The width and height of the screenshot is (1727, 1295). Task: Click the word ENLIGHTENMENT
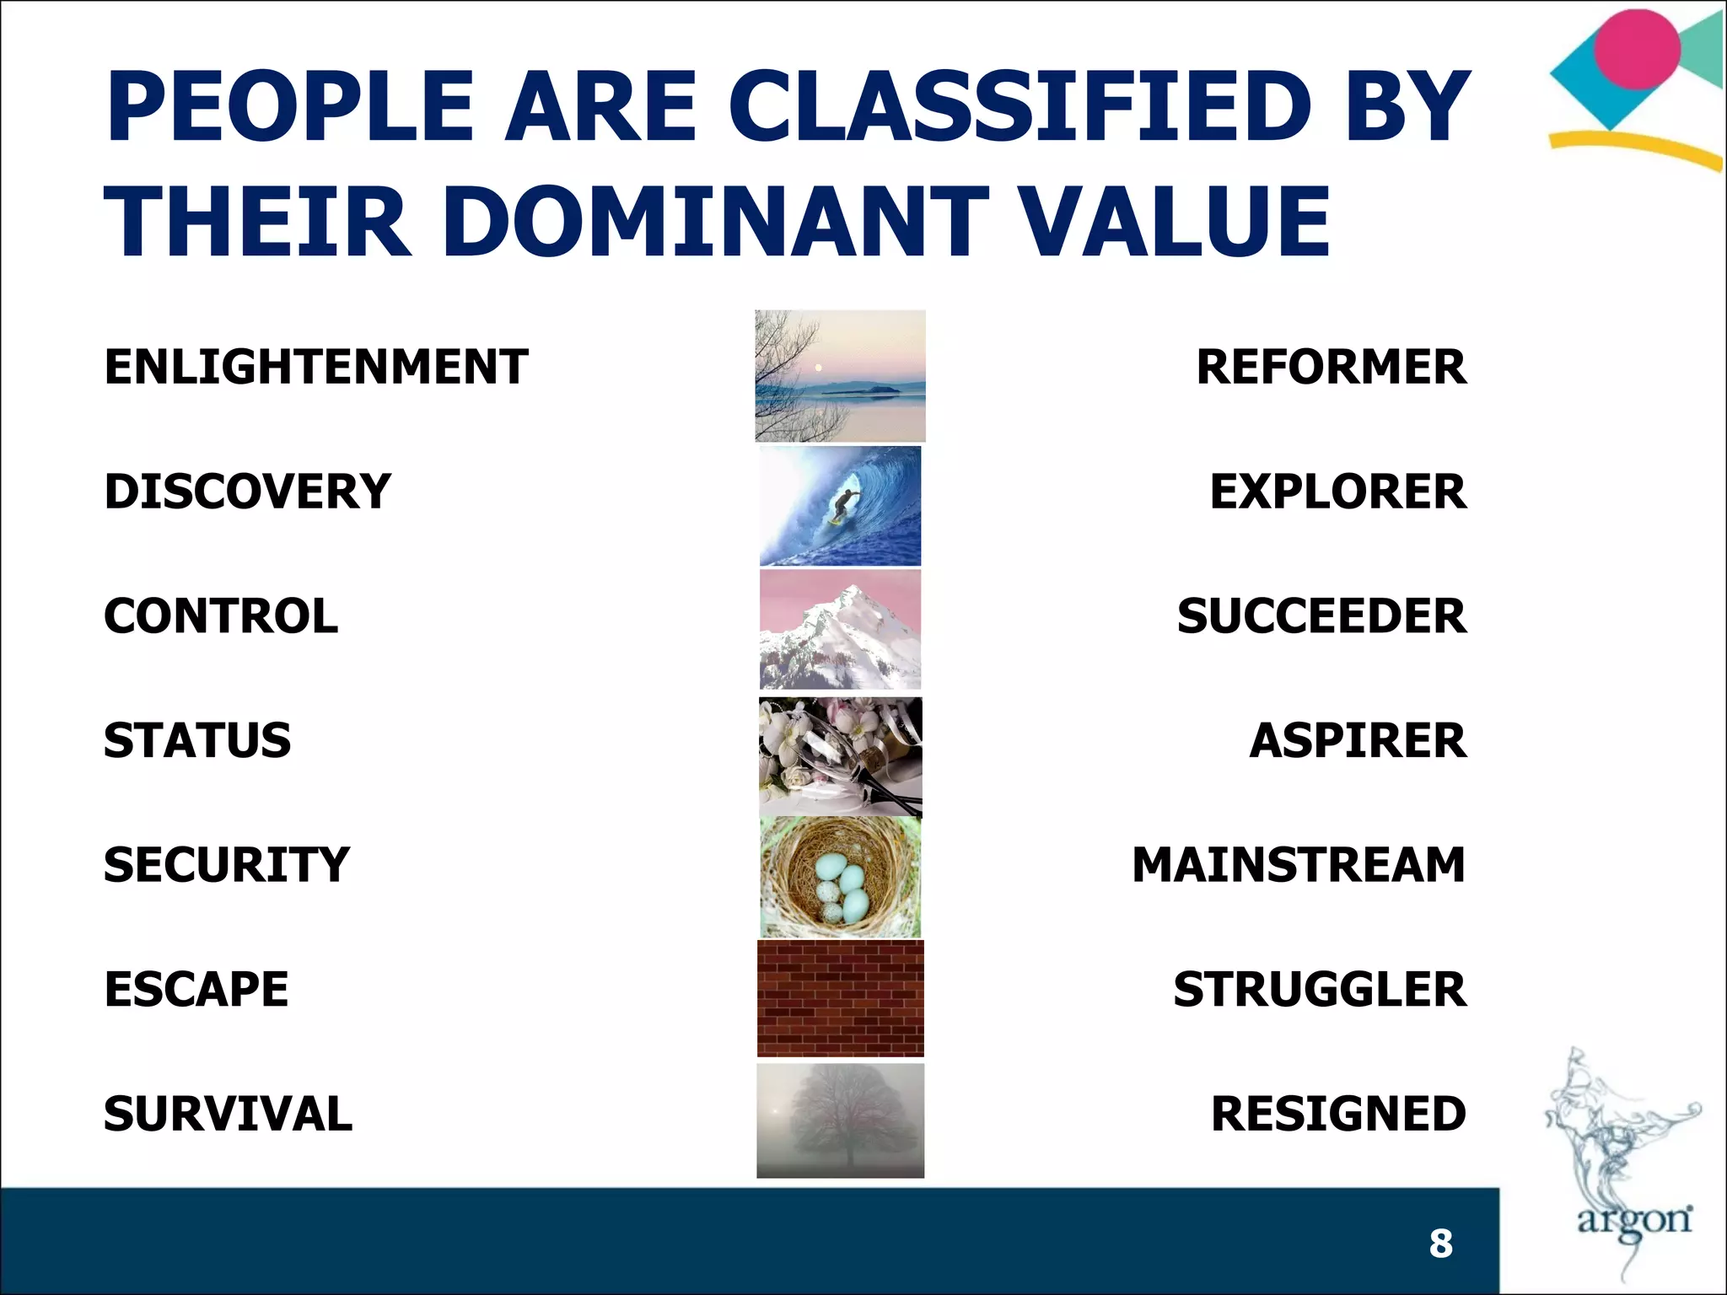point(315,367)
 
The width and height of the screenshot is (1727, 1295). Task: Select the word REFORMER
point(1331,367)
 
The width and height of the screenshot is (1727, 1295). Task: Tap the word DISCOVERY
point(247,492)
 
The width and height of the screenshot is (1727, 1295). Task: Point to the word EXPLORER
point(1337,492)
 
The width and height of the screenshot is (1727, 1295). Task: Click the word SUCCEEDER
point(1321,616)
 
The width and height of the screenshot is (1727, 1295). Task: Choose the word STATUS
point(197,740)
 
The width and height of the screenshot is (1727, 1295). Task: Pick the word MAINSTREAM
point(1299,865)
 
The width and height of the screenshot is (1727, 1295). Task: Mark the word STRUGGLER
point(1320,990)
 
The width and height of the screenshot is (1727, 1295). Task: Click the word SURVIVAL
point(228,1114)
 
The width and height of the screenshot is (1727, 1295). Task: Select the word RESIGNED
point(1338,1114)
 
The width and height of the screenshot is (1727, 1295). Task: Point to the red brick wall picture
point(840,998)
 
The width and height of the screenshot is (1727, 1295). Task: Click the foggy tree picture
point(840,1120)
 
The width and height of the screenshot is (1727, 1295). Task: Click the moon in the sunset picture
point(817,367)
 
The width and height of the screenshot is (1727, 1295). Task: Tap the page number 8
point(1440,1244)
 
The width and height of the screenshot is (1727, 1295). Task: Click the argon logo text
point(1633,1220)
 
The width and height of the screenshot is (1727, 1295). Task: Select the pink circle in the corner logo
point(1637,49)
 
